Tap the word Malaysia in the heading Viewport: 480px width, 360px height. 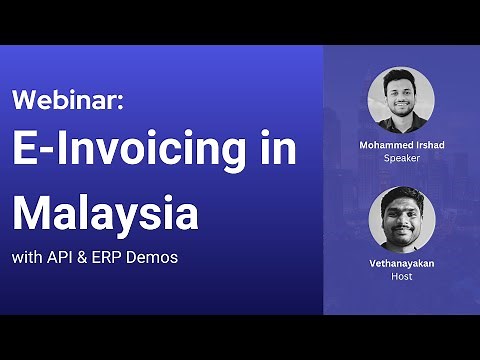point(105,213)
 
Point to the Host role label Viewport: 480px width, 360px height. point(400,275)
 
